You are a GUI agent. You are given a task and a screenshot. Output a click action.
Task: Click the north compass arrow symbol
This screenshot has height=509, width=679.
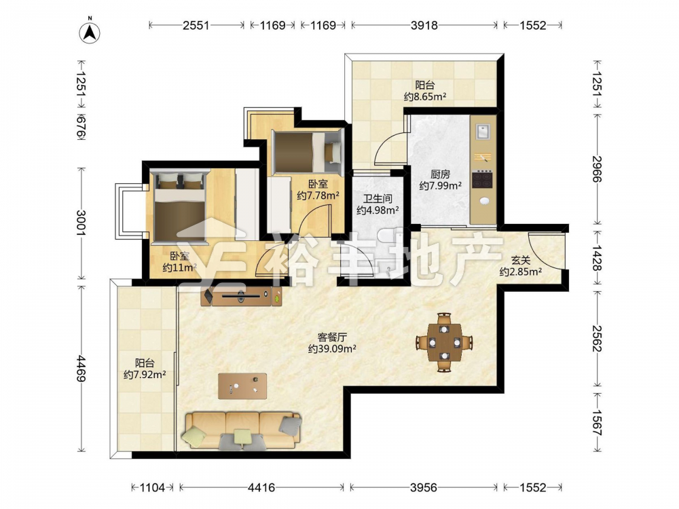90,32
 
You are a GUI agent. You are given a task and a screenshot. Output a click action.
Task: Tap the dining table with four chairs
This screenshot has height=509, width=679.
444,342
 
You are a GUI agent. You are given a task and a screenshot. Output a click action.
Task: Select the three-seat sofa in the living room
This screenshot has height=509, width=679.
243,430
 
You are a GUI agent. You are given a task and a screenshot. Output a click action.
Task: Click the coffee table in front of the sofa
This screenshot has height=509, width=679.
242,386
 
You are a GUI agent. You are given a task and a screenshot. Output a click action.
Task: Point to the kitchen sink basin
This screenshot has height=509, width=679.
483,131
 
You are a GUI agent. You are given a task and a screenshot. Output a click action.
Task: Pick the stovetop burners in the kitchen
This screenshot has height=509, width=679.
483,179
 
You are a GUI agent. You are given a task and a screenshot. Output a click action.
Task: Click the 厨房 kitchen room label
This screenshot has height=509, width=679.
440,174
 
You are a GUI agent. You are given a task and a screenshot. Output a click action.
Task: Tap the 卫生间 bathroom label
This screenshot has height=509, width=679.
377,199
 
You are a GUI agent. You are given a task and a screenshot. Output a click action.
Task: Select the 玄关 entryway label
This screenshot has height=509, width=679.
521,261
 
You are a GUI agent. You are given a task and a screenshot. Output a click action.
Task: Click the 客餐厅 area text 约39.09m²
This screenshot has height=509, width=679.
332,348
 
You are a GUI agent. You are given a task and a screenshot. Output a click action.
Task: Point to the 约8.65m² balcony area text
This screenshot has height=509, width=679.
425,96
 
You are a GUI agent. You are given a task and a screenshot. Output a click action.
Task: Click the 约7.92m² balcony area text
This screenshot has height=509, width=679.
145,375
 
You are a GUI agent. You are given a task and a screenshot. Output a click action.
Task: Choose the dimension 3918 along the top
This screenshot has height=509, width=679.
424,25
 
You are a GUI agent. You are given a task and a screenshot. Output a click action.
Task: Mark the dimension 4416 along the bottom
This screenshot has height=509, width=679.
261,487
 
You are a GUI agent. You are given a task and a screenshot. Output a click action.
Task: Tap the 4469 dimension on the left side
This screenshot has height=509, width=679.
81,369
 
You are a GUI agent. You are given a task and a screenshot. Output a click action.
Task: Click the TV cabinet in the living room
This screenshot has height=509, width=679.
242,297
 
